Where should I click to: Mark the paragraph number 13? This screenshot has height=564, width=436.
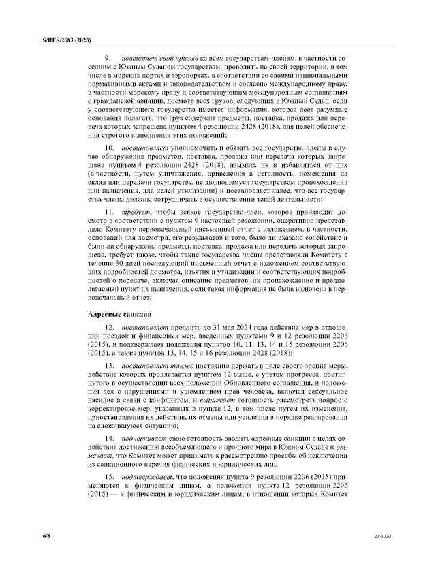pyautogui.click(x=108, y=366)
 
